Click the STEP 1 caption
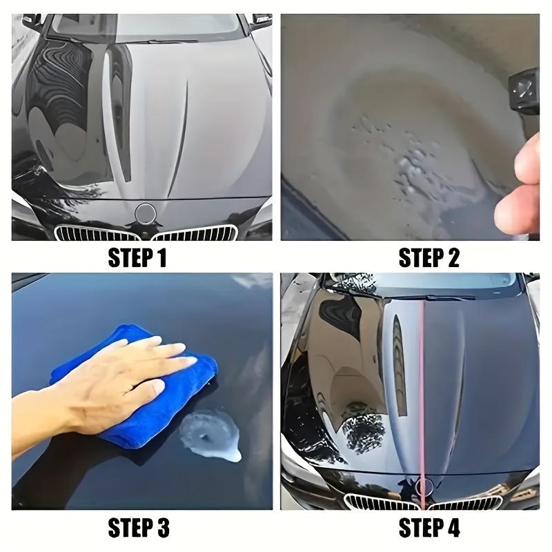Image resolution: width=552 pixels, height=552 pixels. tap(137, 259)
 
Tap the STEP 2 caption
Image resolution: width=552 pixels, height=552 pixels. tap(428, 259)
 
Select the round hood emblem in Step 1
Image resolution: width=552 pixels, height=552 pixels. tap(146, 213)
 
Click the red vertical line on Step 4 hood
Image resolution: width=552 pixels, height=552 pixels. tap(420, 386)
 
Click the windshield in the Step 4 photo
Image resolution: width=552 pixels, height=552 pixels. tap(428, 283)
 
